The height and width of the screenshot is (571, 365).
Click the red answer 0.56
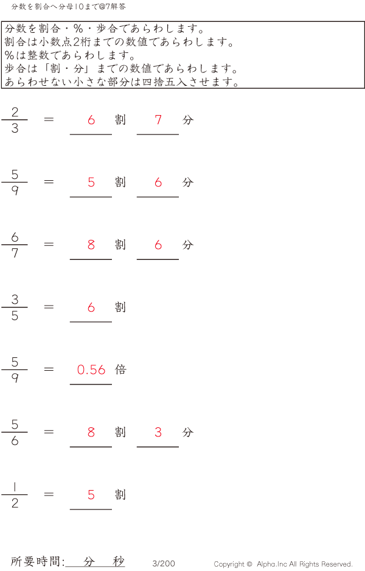(91, 370)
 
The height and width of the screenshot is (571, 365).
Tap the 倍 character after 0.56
(120, 370)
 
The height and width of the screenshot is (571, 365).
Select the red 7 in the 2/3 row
(158, 120)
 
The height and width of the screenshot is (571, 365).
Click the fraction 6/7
(15, 245)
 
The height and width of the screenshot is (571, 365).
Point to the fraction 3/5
(15, 307)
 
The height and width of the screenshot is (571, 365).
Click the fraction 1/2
(15, 495)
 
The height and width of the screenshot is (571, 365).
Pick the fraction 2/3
(15, 120)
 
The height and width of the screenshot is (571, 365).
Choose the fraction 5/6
(15, 432)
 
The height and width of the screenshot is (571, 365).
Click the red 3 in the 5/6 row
(158, 432)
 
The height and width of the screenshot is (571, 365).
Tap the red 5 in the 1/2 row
(91, 495)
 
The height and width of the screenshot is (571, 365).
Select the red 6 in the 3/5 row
(91, 307)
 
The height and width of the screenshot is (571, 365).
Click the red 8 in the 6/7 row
(91, 245)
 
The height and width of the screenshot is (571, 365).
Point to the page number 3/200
(164, 564)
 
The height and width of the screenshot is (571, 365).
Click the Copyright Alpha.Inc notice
(283, 564)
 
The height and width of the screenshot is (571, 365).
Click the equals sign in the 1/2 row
(49, 494)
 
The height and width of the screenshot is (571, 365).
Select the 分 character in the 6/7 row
(188, 245)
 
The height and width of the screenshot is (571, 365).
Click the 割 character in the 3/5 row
(120, 307)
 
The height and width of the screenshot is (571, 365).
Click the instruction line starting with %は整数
(70, 55)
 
